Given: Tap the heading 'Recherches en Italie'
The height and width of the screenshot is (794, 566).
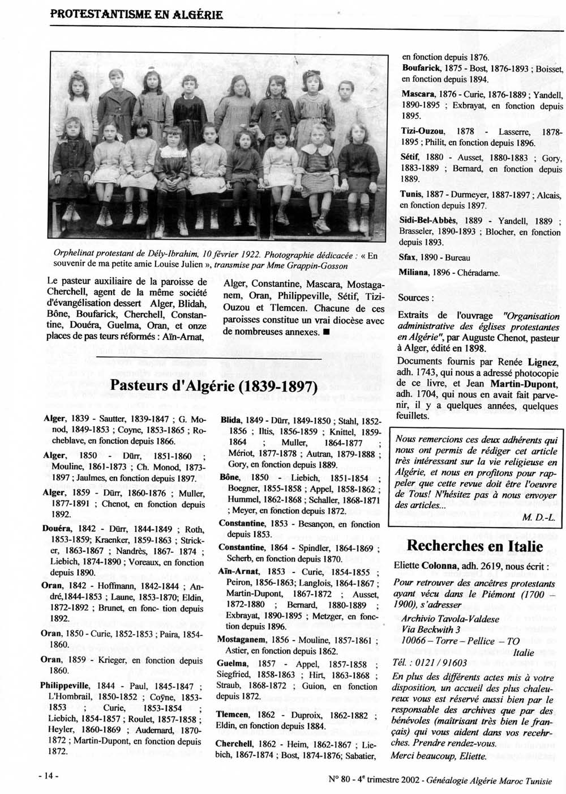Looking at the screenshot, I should pyautogui.click(x=475, y=546).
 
